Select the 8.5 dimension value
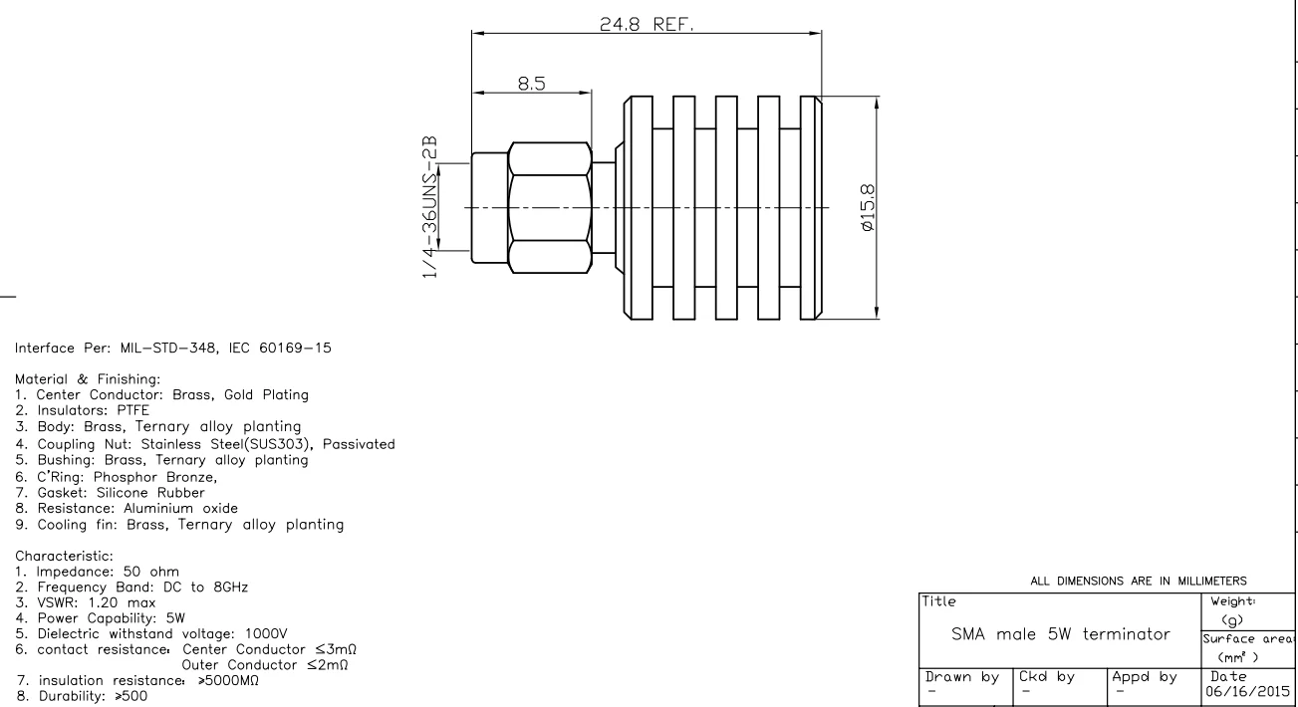coord(531,85)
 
